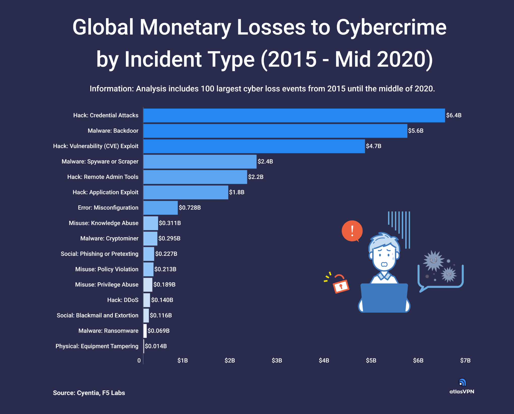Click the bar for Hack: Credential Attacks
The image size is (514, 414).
coord(294,116)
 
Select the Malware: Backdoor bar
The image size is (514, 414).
coord(275,131)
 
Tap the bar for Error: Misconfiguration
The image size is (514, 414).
coord(161,208)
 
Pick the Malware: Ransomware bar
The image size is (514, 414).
coord(145,331)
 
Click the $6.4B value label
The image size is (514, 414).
coord(454,116)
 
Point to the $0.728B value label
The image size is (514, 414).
coord(190,208)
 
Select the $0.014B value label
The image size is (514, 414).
coord(156,346)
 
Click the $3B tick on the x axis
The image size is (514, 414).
coord(277,361)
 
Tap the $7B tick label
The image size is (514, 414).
coord(465,361)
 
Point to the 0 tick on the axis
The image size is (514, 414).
coord(139,361)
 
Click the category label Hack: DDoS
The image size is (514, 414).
coord(123,300)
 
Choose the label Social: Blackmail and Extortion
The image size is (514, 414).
coord(98,315)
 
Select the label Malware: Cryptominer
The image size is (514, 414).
coord(109,238)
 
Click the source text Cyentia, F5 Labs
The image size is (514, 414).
coord(101,393)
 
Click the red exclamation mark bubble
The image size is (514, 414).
coord(352,231)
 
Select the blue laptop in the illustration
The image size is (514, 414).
coord(384,298)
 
